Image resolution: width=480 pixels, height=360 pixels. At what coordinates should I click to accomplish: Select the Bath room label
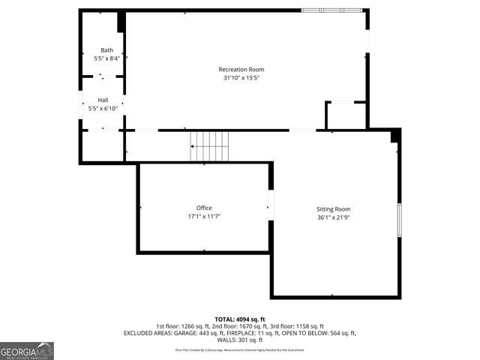point(106,50)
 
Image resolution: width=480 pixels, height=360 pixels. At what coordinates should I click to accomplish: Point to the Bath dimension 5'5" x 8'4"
point(106,58)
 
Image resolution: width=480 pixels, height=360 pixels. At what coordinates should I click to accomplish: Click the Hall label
point(103,100)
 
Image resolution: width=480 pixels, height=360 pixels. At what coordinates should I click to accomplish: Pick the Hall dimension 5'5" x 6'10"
point(103,109)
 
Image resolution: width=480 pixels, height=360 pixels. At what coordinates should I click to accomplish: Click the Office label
point(204,208)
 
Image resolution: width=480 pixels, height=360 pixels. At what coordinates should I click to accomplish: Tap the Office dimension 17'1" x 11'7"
point(204,216)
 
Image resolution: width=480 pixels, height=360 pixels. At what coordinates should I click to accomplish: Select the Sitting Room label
point(333,209)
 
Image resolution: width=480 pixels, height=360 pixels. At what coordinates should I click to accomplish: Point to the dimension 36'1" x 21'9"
point(333,217)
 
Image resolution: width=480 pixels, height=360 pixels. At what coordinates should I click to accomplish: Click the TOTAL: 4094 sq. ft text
point(240,319)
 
